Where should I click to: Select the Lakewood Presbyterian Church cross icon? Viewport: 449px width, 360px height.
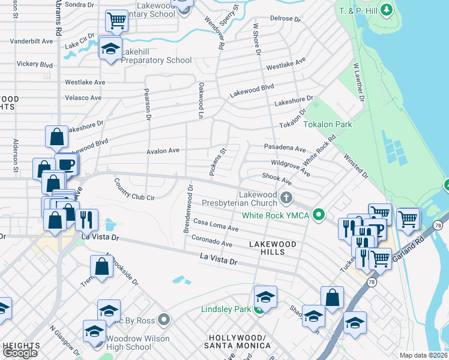tap(287, 197)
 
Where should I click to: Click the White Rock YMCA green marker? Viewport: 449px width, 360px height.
tap(319, 214)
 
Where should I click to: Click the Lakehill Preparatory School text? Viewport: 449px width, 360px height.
tap(157, 60)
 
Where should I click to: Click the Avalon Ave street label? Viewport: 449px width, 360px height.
tap(163, 151)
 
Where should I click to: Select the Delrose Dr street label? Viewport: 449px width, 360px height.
tap(285, 19)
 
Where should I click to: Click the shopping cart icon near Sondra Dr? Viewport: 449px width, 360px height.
tap(116, 22)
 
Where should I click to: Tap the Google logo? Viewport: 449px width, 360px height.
tap(20, 353)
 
